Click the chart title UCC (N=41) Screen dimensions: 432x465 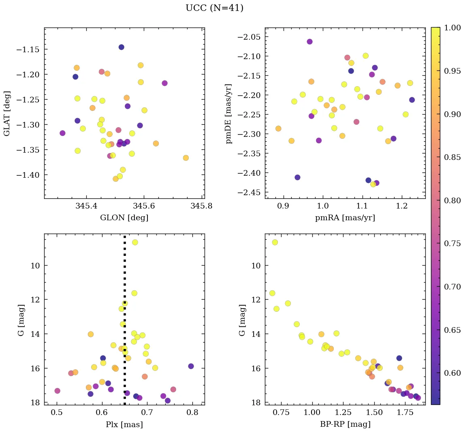tap(214, 8)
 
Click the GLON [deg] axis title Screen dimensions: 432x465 tap(124, 218)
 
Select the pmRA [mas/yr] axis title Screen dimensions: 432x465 tap(345, 218)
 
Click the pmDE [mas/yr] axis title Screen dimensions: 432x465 tap(230, 113)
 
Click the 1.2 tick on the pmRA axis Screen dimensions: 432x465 tap(402, 206)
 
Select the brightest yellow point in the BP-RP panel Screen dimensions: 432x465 tap(275, 242)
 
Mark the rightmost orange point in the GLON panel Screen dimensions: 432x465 tap(186, 157)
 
